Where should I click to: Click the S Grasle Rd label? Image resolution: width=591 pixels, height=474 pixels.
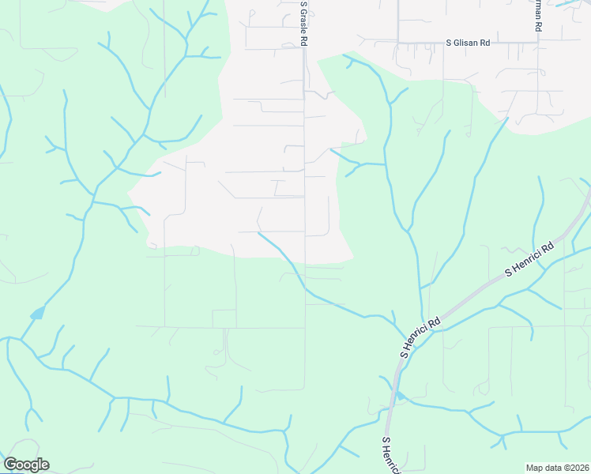pyautogui.click(x=302, y=24)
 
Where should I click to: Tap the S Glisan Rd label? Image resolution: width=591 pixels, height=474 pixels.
pyautogui.click(x=468, y=43)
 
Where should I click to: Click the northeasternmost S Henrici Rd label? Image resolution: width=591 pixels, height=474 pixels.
pyautogui.click(x=530, y=260)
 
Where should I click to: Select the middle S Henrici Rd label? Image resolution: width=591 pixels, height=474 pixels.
pyautogui.click(x=420, y=338)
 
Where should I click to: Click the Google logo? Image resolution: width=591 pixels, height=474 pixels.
pyautogui.click(x=26, y=465)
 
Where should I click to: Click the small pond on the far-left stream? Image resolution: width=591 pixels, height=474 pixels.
pyautogui.click(x=36, y=314)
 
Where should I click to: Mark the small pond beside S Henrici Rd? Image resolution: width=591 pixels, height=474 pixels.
pyautogui.click(x=401, y=395)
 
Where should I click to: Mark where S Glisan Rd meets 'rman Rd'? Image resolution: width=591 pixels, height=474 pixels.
pyautogui.click(x=537, y=42)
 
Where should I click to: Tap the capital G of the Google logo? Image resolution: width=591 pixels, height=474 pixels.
pyautogui.click(x=10, y=465)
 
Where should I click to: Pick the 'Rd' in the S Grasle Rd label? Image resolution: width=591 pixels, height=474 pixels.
pyautogui.click(x=302, y=42)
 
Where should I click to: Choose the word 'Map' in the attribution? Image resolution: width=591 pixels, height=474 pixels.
pyautogui.click(x=536, y=468)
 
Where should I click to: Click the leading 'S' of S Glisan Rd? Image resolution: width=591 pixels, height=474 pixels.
pyautogui.click(x=449, y=43)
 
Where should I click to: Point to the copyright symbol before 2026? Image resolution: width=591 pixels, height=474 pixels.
pyautogui.click(x=567, y=468)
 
